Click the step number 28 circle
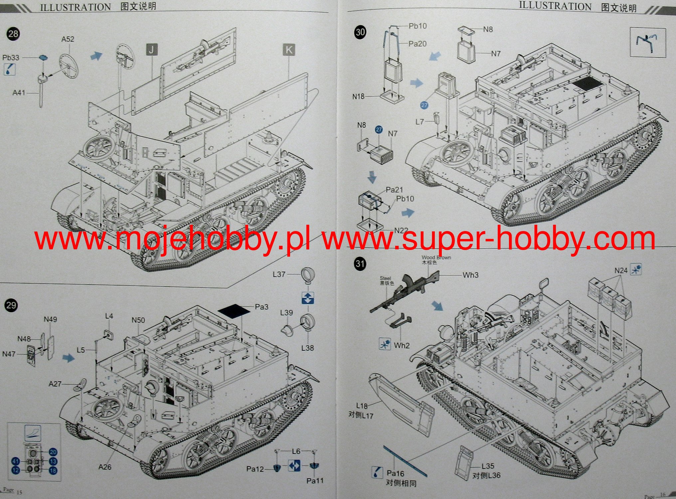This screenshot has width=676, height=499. click(13, 34)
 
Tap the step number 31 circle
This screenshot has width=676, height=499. click(360, 264)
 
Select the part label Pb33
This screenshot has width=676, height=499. click(11, 58)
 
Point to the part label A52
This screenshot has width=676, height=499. click(68, 39)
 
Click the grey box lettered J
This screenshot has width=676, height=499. click(152, 50)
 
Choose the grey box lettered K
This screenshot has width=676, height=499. click(289, 50)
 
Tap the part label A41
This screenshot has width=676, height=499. click(19, 93)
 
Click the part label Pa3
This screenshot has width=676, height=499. click(261, 307)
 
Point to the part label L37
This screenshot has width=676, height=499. click(279, 274)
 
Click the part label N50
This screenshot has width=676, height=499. click(138, 320)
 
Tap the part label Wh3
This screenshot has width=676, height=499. click(470, 275)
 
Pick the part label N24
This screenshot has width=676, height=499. click(621, 271)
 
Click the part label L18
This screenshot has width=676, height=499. click(362, 406)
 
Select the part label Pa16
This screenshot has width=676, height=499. click(395, 473)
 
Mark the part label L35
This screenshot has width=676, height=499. click(488, 466)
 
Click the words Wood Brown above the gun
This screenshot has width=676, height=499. click(436, 257)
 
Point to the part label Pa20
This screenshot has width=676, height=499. click(418, 44)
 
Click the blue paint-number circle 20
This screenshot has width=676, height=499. click(53, 452)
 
